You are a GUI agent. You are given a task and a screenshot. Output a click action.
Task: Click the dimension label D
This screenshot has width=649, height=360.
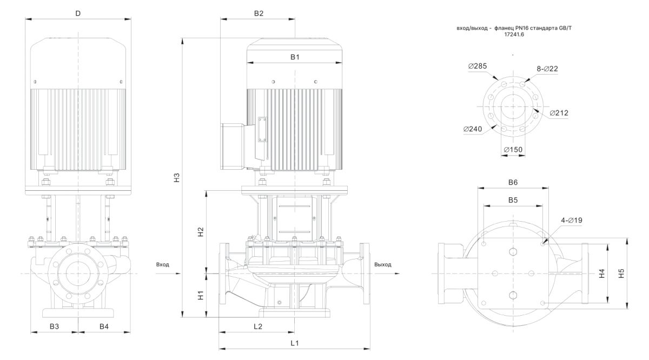(x=78, y=14)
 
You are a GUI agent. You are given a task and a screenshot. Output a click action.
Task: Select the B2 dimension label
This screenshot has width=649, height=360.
(x=259, y=14)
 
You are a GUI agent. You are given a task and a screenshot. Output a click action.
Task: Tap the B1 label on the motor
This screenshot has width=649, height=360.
(x=295, y=56)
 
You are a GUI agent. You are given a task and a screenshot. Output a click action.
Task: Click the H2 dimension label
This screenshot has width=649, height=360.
(x=200, y=232)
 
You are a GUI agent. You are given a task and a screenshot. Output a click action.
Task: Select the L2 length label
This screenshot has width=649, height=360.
(x=257, y=326)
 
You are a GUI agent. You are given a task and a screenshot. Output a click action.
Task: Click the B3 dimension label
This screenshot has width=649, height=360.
(x=54, y=326)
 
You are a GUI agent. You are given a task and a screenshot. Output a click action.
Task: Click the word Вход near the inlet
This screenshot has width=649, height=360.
(x=162, y=265)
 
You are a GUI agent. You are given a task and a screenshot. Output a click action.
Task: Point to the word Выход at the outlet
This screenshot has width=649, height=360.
(x=382, y=265)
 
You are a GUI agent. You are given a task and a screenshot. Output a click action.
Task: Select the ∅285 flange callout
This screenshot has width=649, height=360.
(x=478, y=66)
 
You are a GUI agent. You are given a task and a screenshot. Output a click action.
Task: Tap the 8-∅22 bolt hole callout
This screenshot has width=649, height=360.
(x=547, y=69)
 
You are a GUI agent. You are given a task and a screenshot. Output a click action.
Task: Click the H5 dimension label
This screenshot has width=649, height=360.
(x=621, y=274)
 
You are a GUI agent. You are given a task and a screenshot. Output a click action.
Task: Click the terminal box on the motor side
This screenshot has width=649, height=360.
(x=234, y=146)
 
